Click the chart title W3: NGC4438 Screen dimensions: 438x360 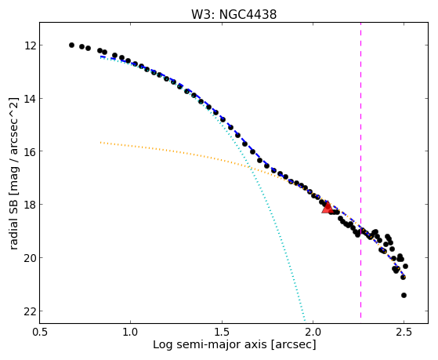point(233,14)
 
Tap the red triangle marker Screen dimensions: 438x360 point(327,207)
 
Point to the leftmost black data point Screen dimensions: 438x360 point(71,45)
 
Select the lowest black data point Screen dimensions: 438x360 point(404,295)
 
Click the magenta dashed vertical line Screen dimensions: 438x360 point(360,170)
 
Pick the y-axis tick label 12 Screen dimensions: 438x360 point(30,45)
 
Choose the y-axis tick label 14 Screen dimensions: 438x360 point(30,99)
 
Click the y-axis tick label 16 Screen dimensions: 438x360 point(30,151)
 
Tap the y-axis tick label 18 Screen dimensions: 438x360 point(30,204)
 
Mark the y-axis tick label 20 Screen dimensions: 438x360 point(30,257)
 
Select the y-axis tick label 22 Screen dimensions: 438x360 point(30,311)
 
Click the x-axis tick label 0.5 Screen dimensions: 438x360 point(39,332)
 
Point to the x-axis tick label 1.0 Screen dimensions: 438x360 point(130,332)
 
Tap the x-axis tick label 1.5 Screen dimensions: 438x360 point(222,332)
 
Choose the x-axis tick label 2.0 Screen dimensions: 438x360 point(313,332)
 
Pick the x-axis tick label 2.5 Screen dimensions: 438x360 point(404,332)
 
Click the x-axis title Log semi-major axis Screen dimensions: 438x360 point(210,345)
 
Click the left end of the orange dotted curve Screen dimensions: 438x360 point(100,143)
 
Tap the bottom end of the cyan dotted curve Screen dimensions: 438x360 point(305,321)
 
